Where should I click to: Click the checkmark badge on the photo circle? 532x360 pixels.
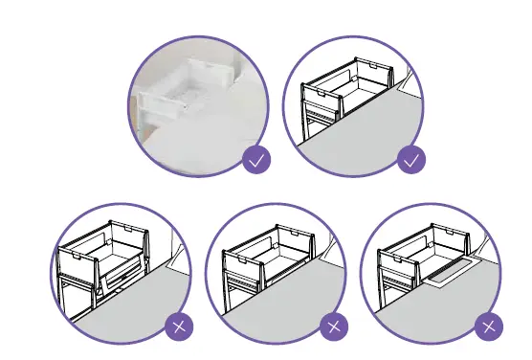tap(255, 161)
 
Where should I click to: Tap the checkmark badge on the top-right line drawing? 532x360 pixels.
tap(411, 161)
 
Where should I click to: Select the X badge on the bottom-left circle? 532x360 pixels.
tap(178, 327)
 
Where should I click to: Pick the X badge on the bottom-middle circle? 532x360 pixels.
tap(333, 327)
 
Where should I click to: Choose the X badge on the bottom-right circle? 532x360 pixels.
tap(488, 327)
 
